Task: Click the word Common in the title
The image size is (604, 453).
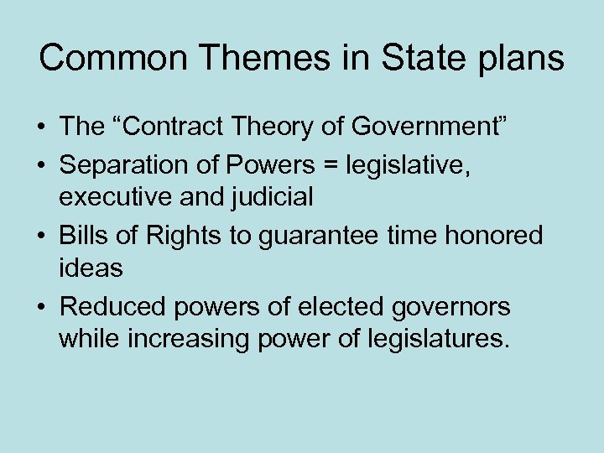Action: point(103,59)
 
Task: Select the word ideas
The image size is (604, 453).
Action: point(91,270)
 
